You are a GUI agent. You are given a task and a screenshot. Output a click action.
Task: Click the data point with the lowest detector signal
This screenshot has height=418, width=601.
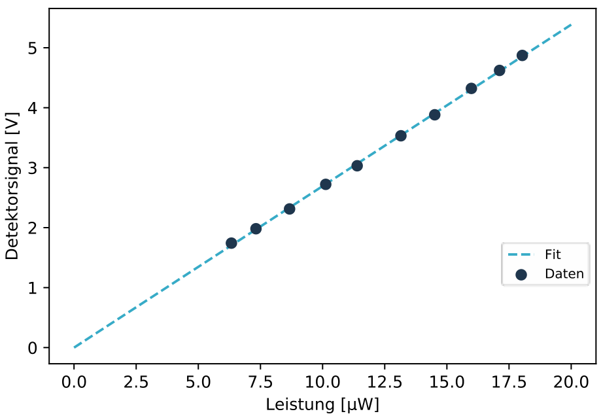(231, 243)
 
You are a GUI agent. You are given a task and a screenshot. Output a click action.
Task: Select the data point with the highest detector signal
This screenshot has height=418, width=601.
(522, 56)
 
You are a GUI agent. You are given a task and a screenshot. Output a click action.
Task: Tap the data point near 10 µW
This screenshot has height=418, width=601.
(326, 184)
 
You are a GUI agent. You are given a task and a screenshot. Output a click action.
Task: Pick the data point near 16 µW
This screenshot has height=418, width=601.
(471, 88)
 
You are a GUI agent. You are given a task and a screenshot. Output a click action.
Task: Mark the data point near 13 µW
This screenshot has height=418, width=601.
(401, 136)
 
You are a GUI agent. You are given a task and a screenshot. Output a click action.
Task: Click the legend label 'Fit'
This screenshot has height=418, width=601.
(553, 254)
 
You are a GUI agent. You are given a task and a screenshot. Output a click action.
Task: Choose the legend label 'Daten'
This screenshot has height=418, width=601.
(564, 274)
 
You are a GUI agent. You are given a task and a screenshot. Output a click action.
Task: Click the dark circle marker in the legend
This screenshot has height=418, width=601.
(521, 275)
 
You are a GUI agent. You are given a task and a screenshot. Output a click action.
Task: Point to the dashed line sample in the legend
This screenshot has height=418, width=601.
(521, 255)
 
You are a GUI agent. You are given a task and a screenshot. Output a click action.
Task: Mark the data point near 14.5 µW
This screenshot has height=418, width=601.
(435, 115)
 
